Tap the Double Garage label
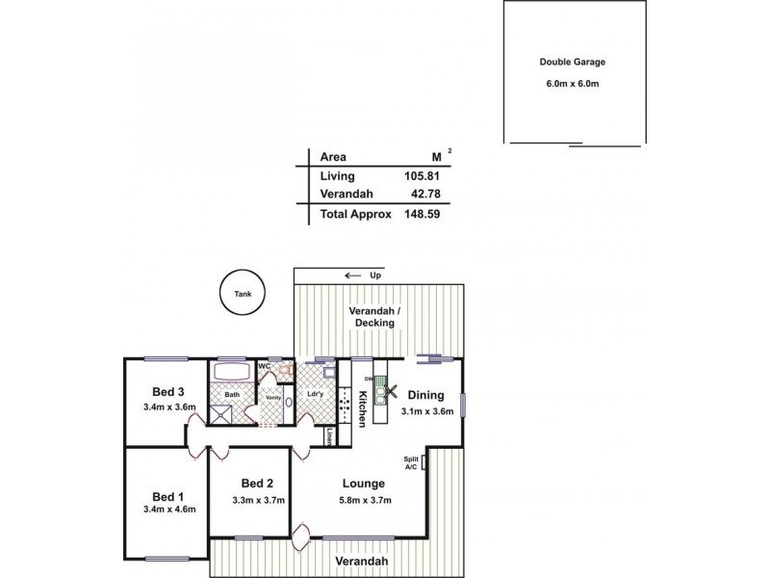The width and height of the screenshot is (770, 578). (x=572, y=63)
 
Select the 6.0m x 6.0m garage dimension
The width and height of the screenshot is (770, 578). (x=572, y=84)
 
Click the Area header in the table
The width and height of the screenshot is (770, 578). (x=333, y=157)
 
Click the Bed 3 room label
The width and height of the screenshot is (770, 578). (x=167, y=392)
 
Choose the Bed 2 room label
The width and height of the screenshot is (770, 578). (x=258, y=484)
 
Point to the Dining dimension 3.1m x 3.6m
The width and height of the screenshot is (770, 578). (x=425, y=412)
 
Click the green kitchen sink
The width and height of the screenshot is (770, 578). (x=381, y=391)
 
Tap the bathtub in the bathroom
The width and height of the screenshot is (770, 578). (x=232, y=373)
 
